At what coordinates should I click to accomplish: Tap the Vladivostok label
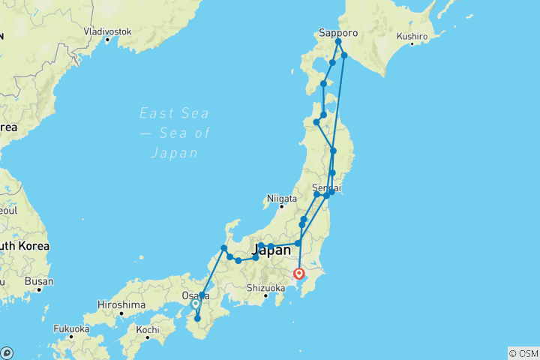[108, 31]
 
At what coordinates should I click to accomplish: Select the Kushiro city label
[412, 36]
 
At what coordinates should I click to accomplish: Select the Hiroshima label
[121, 305]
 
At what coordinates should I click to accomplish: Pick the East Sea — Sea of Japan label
[175, 133]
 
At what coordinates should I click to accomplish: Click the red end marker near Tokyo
[299, 274]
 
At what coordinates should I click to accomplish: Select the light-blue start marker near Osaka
[195, 304]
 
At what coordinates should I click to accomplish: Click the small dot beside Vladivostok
[108, 40]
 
